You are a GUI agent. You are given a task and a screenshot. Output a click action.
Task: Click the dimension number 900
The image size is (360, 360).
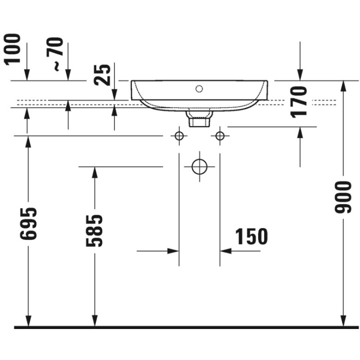pyautogui.click(x=343, y=196)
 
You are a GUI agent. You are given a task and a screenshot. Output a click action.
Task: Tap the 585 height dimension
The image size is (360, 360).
pyautogui.click(x=94, y=230)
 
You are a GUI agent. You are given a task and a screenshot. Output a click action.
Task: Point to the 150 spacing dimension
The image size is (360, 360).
pyautogui.click(x=251, y=237)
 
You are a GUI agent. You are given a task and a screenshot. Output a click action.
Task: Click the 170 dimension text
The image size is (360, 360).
pyautogui.click(x=299, y=101)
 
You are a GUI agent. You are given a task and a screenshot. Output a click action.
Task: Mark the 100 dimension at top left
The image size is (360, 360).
pyautogui.click(x=13, y=48)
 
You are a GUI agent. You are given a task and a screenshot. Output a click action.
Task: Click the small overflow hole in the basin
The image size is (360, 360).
pyautogui.click(x=199, y=89)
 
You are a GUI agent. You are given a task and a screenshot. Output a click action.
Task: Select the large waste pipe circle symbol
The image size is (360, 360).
pyautogui.click(x=199, y=166)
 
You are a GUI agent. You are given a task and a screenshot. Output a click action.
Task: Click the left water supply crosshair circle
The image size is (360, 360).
pyautogui.click(x=178, y=135)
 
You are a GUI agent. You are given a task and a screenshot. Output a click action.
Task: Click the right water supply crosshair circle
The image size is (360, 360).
pyautogui.click(x=219, y=135)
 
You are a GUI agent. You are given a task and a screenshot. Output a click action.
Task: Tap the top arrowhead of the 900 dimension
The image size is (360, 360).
pyautogui.click(x=343, y=86)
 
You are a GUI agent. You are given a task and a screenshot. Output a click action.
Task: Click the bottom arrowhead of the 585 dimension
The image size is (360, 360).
pyautogui.click(x=94, y=320)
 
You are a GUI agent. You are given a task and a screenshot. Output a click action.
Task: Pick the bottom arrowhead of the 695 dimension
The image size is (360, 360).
pyautogui.click(x=28, y=320)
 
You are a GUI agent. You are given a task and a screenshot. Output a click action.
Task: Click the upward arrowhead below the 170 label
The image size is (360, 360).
pyautogui.click(x=299, y=132)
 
